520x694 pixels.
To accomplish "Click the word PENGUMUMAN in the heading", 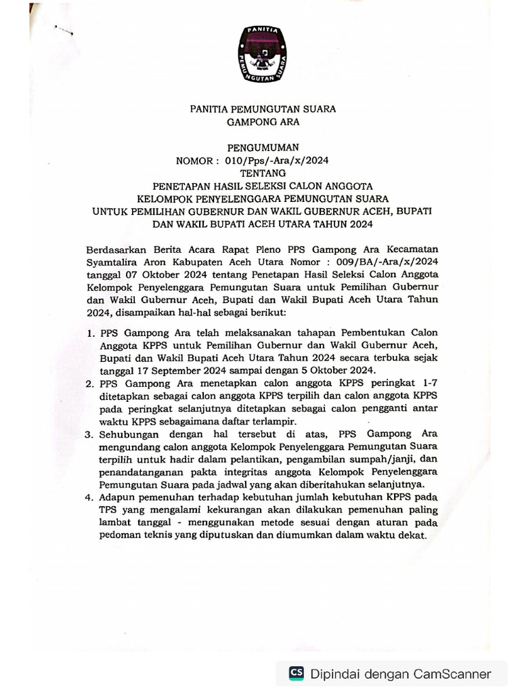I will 261,147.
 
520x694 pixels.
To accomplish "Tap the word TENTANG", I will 262,172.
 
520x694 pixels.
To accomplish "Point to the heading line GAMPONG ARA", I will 261,122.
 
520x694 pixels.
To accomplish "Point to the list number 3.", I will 89,434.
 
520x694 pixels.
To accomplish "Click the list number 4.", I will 89,497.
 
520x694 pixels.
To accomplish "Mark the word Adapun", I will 117,497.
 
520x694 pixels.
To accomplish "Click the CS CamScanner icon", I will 297,673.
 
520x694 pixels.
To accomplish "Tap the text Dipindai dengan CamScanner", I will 401,674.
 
